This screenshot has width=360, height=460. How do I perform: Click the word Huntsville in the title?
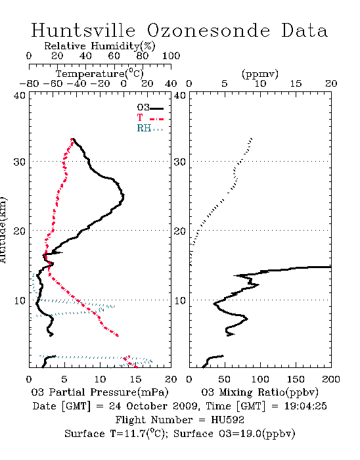pos(83,30)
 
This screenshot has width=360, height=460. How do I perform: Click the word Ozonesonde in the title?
pos(208,30)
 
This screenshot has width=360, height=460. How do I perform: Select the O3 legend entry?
pos(150,108)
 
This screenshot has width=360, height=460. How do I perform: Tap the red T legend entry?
pos(150,118)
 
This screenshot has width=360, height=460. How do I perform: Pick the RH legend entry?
pos(150,128)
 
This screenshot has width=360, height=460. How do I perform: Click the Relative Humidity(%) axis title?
pos(100,46)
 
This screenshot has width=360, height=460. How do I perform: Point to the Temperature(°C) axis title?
pos(100,74)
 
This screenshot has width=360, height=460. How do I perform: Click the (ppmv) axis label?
pos(260,74)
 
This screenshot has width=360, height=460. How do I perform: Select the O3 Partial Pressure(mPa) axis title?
pos(100,392)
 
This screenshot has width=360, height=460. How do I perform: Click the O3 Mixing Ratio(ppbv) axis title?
pos(259,392)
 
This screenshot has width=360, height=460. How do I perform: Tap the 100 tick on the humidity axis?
pos(171,56)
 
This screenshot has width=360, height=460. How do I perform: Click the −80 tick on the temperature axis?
pos(29,83)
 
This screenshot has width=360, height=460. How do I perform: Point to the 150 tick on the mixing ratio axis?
pos(296,379)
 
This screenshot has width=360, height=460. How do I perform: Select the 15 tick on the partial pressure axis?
pos(135,379)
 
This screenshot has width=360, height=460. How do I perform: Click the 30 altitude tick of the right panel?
pos(180,162)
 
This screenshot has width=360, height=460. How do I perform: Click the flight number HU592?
pos(227,420)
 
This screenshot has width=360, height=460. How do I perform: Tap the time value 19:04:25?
pos(305,406)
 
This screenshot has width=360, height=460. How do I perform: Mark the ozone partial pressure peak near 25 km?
pos(123,196)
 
